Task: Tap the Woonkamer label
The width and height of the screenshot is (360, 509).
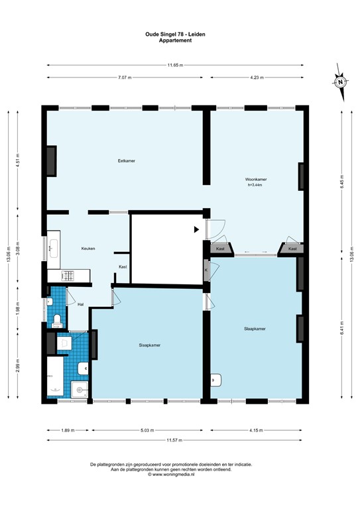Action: click(x=255, y=180)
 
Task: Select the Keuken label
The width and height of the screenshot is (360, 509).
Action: click(x=88, y=249)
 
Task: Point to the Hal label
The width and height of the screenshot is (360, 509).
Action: click(x=80, y=304)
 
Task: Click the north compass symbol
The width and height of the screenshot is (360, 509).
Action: click(x=339, y=83)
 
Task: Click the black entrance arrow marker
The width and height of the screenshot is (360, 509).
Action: click(x=196, y=230)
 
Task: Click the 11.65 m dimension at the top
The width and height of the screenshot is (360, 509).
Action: click(x=175, y=65)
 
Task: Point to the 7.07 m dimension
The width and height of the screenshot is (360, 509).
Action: click(x=125, y=78)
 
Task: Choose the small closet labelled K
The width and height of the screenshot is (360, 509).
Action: click(x=206, y=270)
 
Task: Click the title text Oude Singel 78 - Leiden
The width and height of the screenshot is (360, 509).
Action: click(x=176, y=34)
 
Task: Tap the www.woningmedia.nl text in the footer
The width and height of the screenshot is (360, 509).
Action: click(x=175, y=475)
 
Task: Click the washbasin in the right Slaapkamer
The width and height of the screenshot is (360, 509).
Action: click(x=216, y=381)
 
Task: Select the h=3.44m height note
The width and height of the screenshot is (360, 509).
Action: click(x=255, y=186)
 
